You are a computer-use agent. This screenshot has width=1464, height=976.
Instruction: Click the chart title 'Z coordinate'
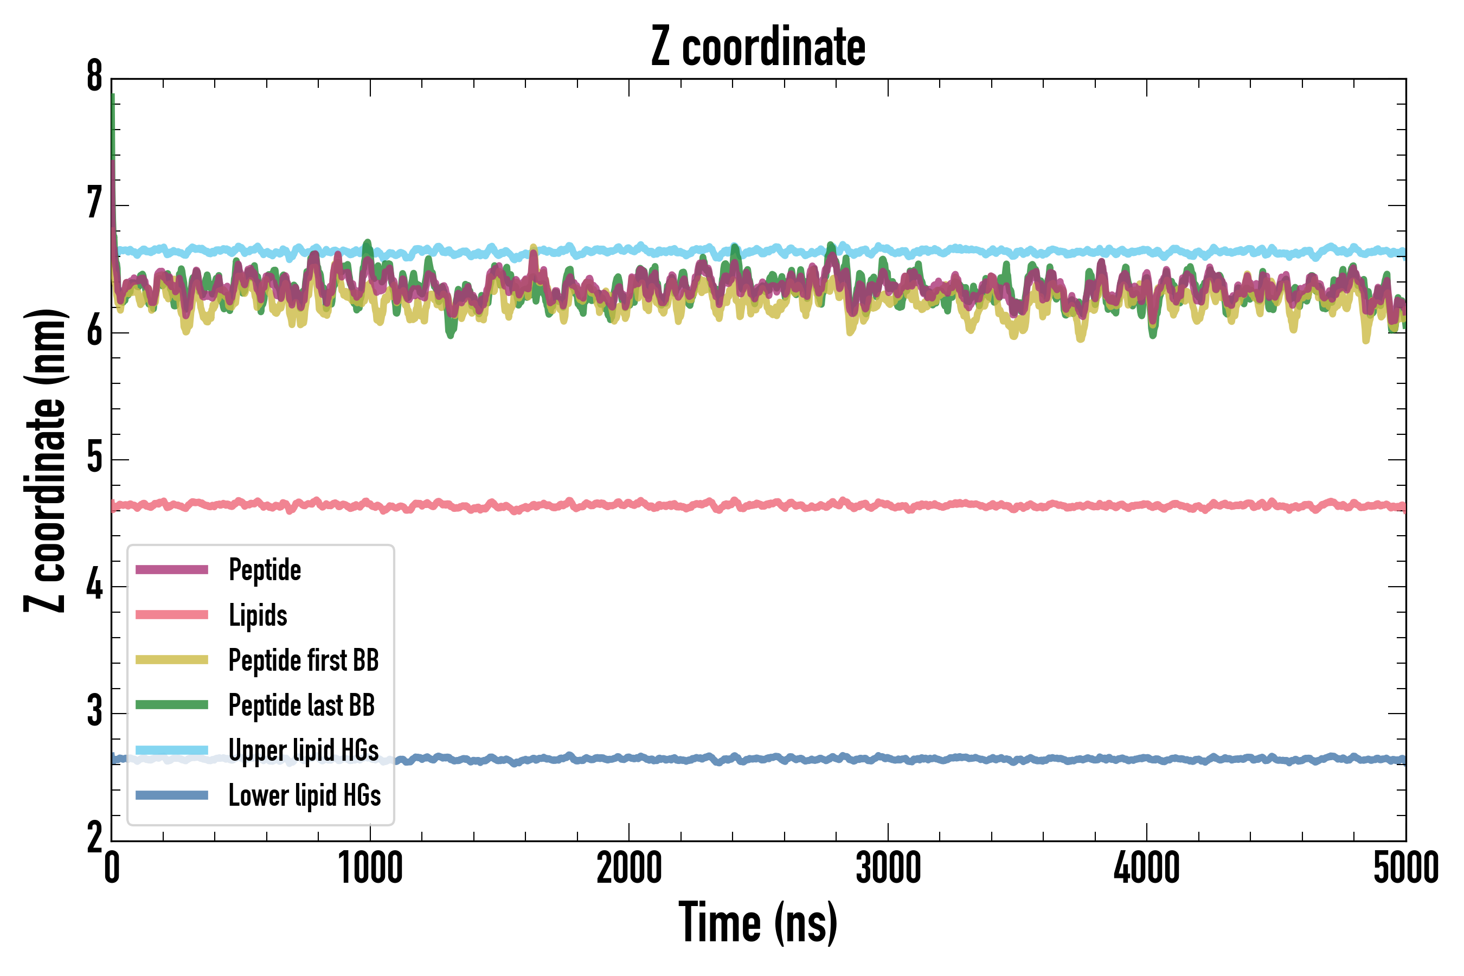757,47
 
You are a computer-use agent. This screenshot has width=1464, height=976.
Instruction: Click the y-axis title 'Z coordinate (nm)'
45,460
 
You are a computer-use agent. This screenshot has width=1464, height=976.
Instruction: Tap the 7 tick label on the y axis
94,204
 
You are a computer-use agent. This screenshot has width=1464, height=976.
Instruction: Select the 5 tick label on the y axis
94,458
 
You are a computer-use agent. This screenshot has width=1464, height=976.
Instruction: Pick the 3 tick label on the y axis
94,711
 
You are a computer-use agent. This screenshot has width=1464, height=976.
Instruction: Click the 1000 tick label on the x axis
370,868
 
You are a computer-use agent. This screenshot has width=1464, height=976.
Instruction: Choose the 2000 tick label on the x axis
628,868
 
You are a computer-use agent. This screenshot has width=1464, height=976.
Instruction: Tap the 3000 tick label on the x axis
888,868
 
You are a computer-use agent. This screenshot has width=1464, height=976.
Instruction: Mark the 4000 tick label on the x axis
1147,868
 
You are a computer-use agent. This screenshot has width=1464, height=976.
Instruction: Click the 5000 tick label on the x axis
1405,868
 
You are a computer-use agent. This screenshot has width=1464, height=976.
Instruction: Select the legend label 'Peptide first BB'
304,660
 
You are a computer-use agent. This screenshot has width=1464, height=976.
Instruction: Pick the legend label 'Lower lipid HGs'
304,795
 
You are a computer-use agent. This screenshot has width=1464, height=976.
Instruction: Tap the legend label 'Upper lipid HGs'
304,750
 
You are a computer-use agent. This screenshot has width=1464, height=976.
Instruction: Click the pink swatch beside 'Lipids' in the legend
172,615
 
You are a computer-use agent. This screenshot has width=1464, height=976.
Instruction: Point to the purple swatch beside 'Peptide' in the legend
172,569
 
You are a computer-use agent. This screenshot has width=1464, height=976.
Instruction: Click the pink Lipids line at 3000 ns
888,505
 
